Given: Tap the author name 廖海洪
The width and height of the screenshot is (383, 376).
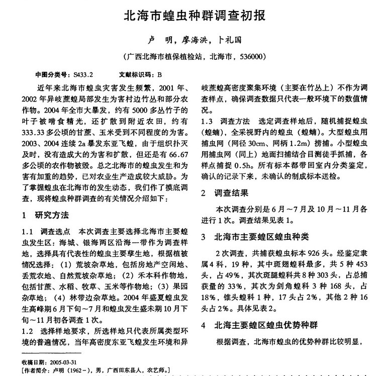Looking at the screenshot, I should (192, 39).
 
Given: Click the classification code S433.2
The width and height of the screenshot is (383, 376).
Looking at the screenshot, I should (83, 74).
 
